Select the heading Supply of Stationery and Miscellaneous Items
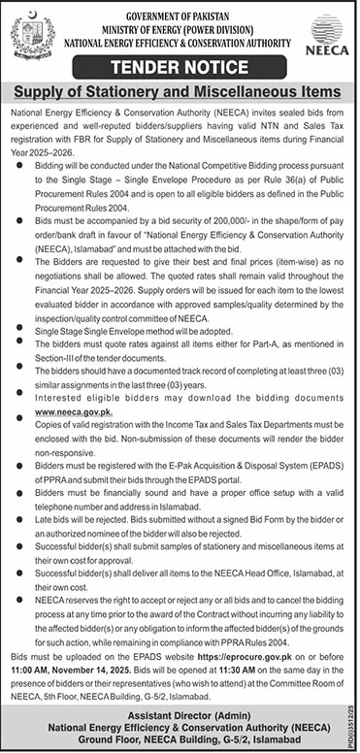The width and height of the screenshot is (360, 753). tap(180, 92)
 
